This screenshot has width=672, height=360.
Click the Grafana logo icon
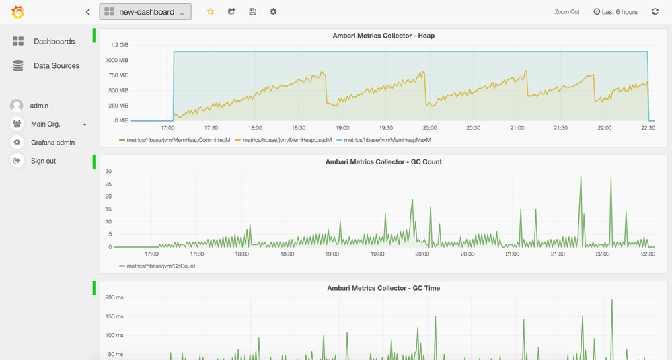(x=18, y=12)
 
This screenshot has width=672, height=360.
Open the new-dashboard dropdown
(x=145, y=11)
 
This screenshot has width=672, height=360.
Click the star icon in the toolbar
(x=211, y=11)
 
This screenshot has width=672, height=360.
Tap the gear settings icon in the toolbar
(x=273, y=11)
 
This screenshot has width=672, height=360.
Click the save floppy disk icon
(x=252, y=11)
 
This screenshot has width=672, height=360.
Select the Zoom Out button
(x=566, y=12)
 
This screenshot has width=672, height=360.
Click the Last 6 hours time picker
(x=615, y=12)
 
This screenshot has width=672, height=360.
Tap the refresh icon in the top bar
(x=655, y=11)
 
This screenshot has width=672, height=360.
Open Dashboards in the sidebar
(x=54, y=42)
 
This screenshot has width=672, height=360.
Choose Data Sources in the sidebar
(x=56, y=65)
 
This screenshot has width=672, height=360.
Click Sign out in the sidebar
(x=43, y=161)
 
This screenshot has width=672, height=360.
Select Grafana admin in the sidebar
(x=52, y=143)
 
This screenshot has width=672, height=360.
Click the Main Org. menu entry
(x=46, y=124)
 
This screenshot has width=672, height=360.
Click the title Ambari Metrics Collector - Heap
(x=383, y=36)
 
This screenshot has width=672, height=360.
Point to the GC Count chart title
(x=383, y=161)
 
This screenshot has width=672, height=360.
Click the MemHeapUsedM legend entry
(x=287, y=140)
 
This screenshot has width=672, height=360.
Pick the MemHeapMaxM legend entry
(x=387, y=140)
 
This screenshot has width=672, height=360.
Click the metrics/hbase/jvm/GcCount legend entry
(x=161, y=266)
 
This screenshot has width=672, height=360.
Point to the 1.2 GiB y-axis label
(x=120, y=45)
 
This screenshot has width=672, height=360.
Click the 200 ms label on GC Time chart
(x=114, y=297)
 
